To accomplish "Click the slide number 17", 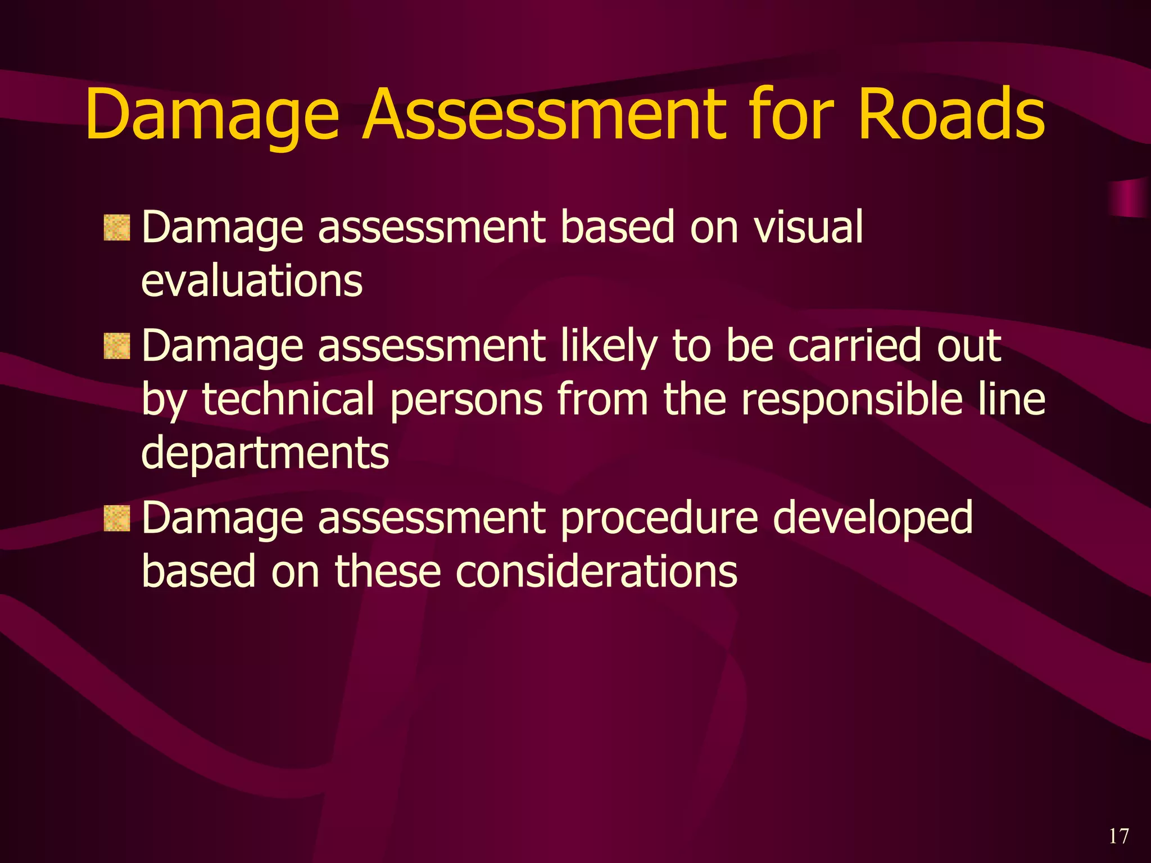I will (x=1118, y=837).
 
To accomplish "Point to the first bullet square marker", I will (x=117, y=228).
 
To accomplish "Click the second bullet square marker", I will (x=117, y=346).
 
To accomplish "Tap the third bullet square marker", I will (x=117, y=518).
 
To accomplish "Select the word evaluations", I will (x=252, y=280).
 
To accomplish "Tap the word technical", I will (x=288, y=399).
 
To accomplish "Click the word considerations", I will (x=596, y=571).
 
